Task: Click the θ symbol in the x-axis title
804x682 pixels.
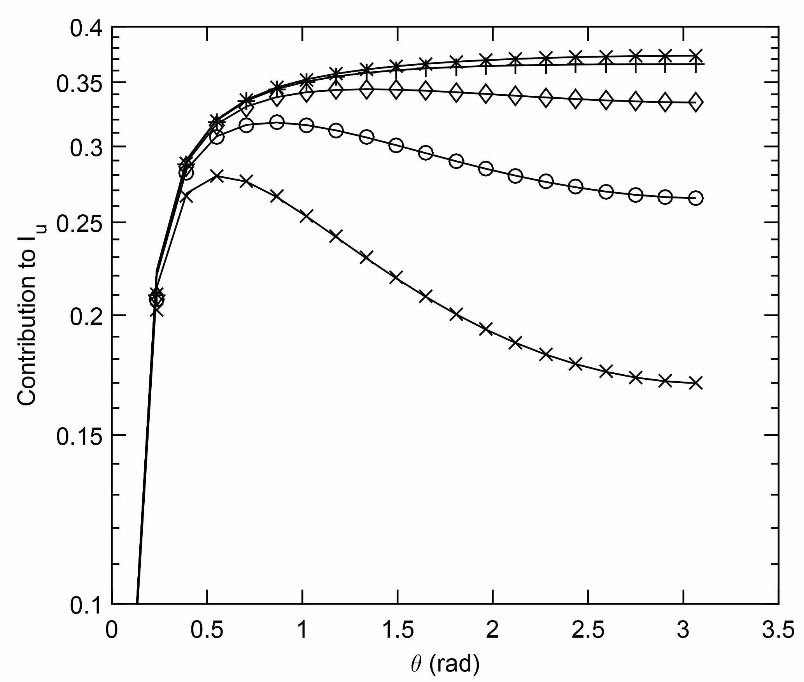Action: pos(416,665)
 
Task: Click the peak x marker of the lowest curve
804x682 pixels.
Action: pos(219,176)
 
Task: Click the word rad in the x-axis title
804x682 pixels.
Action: pos(454,665)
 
